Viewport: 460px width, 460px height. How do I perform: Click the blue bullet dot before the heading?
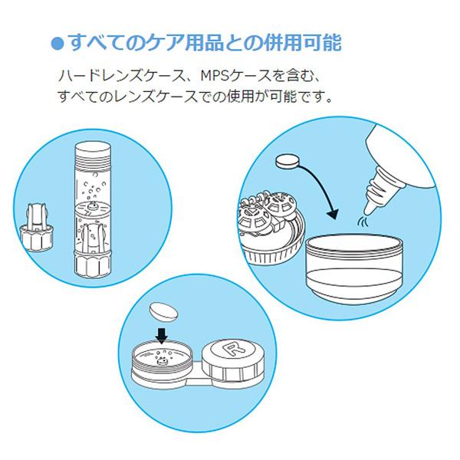point(55,42)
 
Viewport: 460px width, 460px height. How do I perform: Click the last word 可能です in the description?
point(307,98)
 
